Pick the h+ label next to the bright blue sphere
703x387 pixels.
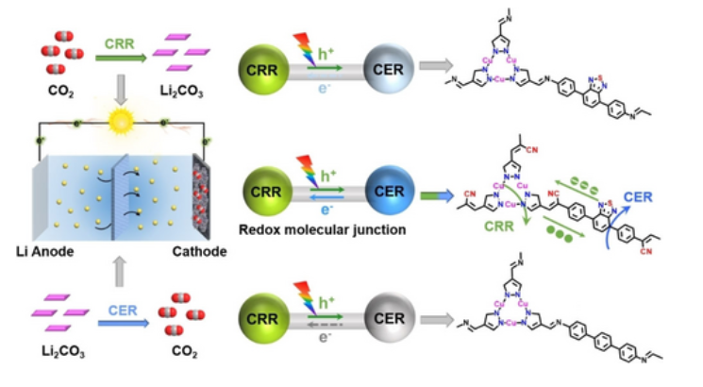point(327,175)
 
